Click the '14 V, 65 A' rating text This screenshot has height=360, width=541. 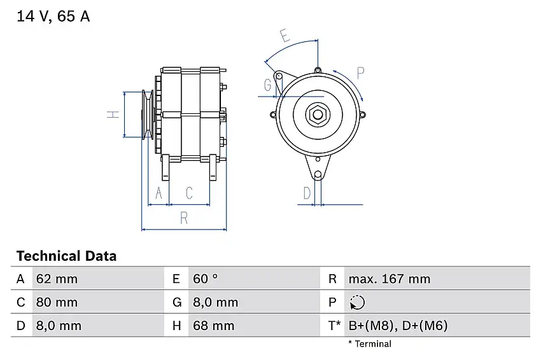point(53,17)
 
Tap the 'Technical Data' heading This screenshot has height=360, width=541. point(66,256)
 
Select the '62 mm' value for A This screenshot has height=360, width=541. point(57,279)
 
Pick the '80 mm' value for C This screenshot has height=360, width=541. point(57,302)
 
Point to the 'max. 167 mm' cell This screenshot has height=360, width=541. point(389,279)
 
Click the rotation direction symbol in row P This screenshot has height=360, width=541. point(357,302)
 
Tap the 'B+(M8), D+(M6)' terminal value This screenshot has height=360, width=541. point(398,326)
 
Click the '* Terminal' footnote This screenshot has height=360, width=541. point(369,344)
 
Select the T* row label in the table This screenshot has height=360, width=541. point(334,326)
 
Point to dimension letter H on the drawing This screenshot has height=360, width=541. point(113,114)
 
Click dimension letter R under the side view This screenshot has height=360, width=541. point(184,218)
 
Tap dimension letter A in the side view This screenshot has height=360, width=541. point(158,193)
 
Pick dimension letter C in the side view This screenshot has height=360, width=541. point(189,193)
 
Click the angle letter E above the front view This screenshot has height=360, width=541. point(285,36)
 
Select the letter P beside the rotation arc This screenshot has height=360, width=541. point(360,73)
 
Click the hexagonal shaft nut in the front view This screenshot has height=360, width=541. point(316,114)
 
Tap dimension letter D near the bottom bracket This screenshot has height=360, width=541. point(307,193)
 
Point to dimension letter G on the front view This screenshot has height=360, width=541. point(267,85)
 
